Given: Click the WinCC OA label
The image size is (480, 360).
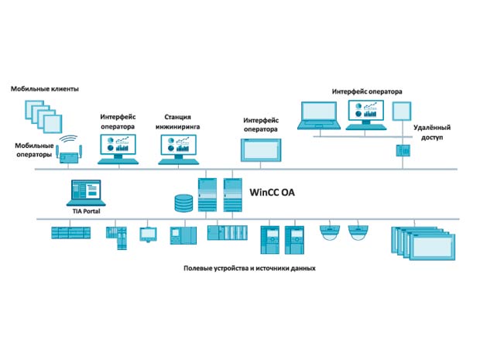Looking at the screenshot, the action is pyautogui.click(x=273, y=192).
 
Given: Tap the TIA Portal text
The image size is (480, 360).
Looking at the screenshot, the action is pyautogui.click(x=87, y=211).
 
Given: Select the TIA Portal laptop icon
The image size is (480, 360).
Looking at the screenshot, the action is pyautogui.click(x=86, y=193).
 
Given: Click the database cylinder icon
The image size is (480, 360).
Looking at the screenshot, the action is pyautogui.click(x=183, y=204).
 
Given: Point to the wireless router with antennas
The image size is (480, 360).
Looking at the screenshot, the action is pyautogui.click(x=70, y=153).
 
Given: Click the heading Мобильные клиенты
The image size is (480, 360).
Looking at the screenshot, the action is pyautogui.click(x=45, y=89).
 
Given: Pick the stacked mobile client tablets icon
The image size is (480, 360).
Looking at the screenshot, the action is pyautogui.click(x=43, y=116).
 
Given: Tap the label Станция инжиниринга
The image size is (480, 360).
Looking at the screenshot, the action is pyautogui.click(x=177, y=122).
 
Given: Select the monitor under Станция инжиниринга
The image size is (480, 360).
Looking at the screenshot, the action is pyautogui.click(x=179, y=149).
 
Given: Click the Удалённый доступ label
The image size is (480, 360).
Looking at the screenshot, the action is pyautogui.click(x=432, y=132).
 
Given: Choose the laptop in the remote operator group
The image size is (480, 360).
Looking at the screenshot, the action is pyautogui.click(x=319, y=115).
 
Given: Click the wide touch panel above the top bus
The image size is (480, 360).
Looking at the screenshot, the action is pyautogui.click(x=261, y=150).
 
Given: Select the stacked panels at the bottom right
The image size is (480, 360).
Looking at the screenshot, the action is pyautogui.click(x=423, y=244).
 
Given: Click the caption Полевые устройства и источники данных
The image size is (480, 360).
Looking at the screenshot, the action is pyautogui.click(x=249, y=269).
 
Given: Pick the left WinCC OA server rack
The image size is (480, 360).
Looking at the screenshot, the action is pyautogui.click(x=207, y=194).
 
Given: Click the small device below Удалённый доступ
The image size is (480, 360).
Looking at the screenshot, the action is pyautogui.click(x=403, y=151).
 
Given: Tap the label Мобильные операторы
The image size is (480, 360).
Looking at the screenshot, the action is pyautogui.click(x=34, y=150).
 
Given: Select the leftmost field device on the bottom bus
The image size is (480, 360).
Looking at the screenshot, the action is pyautogui.click(x=70, y=233).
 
